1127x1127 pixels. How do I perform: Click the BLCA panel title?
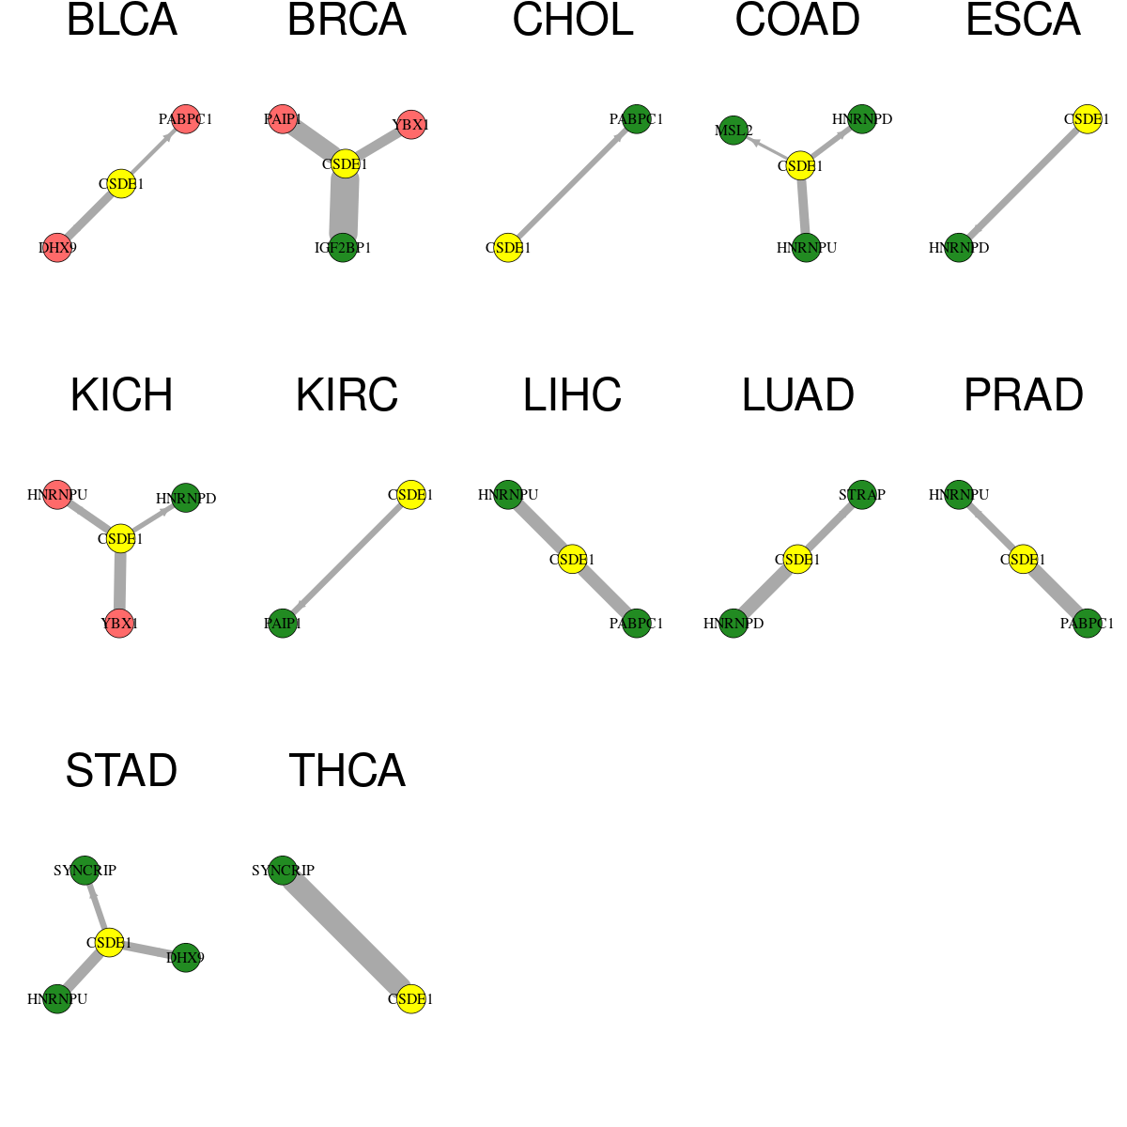[x=122, y=20]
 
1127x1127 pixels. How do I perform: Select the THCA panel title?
[x=347, y=771]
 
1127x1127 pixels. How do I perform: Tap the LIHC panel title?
[x=572, y=395]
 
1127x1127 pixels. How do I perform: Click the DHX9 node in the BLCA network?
[x=57, y=247]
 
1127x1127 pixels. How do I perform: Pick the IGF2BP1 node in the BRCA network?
[x=343, y=247]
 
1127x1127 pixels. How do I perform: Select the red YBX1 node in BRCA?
[x=411, y=125]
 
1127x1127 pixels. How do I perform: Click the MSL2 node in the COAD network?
[x=733, y=130]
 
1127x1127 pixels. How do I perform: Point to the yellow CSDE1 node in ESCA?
[x=1087, y=118]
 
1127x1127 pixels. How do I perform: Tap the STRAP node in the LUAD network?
[x=861, y=494]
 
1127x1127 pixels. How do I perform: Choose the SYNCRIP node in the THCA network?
[x=283, y=870]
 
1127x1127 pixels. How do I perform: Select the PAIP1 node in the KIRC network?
[x=283, y=623]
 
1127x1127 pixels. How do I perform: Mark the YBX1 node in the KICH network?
[x=118, y=623]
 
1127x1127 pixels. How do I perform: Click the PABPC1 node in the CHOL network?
[x=637, y=118]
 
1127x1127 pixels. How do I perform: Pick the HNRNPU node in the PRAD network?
[x=959, y=494]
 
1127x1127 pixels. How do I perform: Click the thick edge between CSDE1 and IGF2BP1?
[x=344, y=206]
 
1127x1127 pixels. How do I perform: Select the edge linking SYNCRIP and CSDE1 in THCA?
[x=347, y=934]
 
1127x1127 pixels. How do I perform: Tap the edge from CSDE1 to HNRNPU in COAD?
[x=803, y=207]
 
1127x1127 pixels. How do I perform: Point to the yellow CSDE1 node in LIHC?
[x=572, y=559]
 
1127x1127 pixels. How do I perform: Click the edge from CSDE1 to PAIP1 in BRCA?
[x=314, y=142]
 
